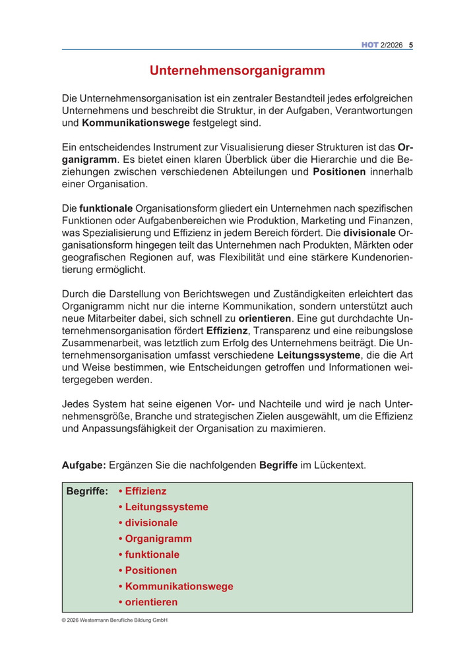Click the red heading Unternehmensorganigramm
[x=237, y=70]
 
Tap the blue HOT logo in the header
[x=369, y=45]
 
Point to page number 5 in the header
[x=411, y=45]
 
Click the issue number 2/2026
[x=392, y=45]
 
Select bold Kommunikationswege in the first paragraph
[x=136, y=123]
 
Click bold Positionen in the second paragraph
[x=338, y=173]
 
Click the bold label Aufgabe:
[x=84, y=465]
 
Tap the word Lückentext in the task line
[x=338, y=465]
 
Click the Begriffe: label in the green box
[x=87, y=491]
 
